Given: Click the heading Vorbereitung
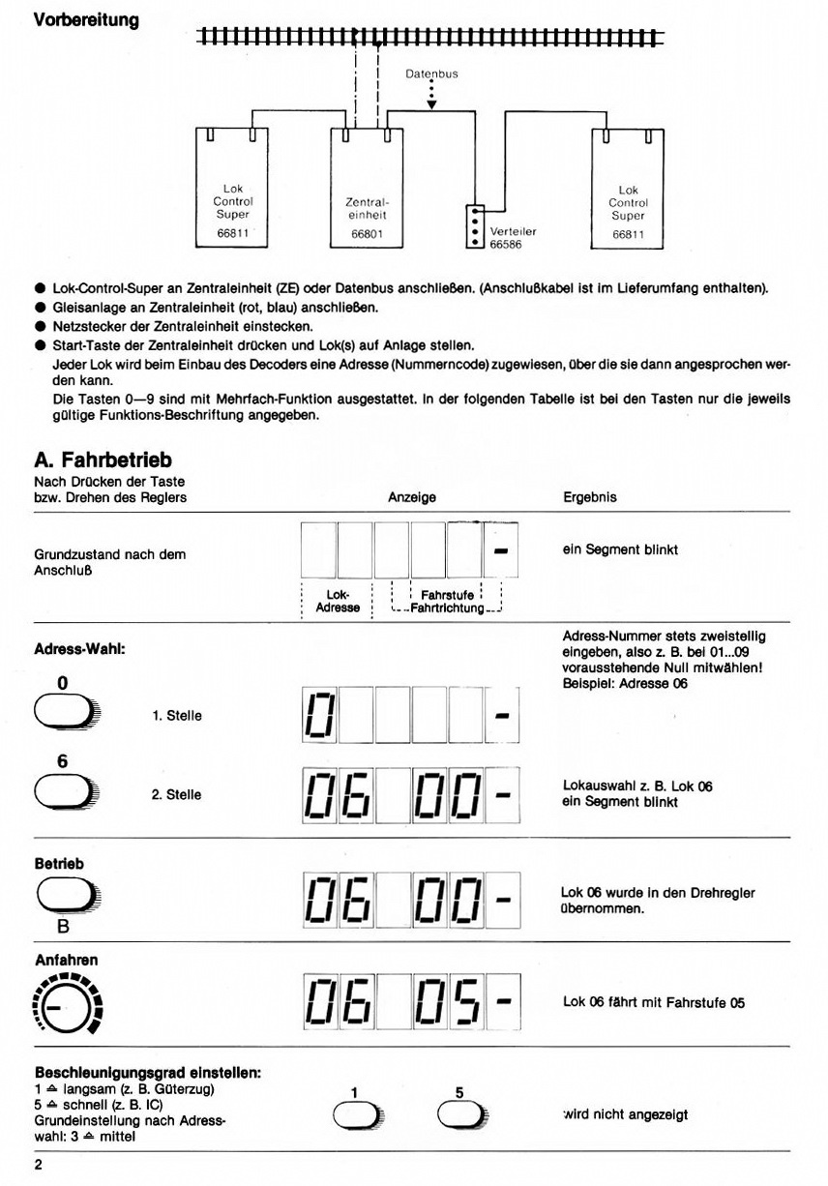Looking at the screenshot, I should (x=86, y=19).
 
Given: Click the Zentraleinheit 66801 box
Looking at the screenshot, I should (x=367, y=189).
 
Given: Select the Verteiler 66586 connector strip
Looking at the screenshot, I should (x=474, y=225).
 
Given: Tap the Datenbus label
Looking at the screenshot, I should (x=431, y=74).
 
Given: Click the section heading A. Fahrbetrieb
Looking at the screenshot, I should (x=103, y=460).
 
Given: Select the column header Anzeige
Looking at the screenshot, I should (x=412, y=497).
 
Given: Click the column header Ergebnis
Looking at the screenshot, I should (x=590, y=497).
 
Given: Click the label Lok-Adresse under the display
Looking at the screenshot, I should (x=338, y=602).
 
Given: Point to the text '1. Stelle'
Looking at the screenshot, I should (x=176, y=716).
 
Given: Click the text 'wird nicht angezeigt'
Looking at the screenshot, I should (x=625, y=1114).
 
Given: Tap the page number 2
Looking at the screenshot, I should (x=39, y=1164).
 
